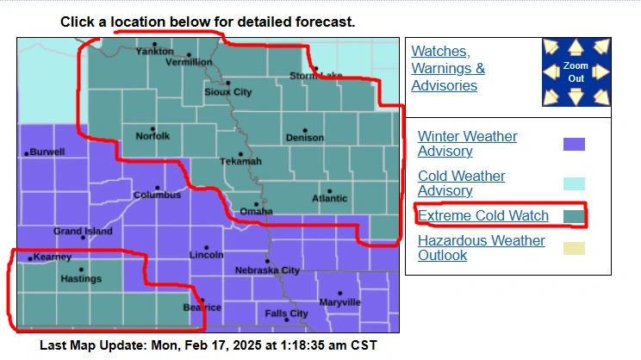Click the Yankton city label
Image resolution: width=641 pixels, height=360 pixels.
(155, 51)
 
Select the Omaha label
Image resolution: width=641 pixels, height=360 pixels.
(256, 211)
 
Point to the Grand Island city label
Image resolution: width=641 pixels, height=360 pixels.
(84, 231)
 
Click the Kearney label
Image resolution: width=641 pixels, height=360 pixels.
(53, 257)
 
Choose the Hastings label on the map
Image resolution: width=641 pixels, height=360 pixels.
(81, 278)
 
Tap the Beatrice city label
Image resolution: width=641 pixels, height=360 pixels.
(202, 307)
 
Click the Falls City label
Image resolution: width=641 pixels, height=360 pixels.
(287, 313)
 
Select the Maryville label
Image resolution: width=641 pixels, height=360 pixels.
(339, 301)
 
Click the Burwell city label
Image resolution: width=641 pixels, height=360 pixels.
(47, 152)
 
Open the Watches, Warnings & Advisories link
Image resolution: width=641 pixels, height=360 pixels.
(448, 68)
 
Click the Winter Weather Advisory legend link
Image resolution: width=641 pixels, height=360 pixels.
(467, 144)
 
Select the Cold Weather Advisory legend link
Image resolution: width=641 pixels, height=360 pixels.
(461, 183)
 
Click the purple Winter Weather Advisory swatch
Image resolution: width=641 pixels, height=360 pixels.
(574, 144)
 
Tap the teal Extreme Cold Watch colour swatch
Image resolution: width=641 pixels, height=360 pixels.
(574, 215)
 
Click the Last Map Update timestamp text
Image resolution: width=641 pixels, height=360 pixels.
(208, 345)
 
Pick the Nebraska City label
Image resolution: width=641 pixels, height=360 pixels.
(267, 270)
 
